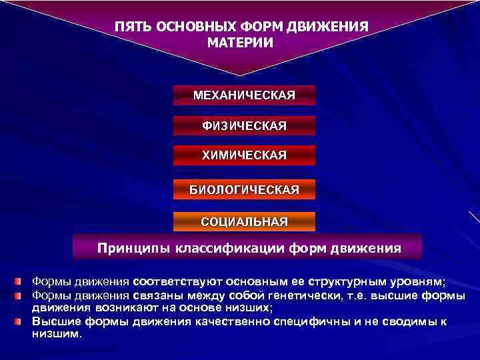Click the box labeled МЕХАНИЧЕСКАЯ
coord(244,95)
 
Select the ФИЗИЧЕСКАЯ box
coord(244,125)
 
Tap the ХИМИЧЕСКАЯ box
coord(244,155)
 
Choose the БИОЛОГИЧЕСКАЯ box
coord(244,190)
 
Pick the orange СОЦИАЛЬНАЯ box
coord(244,221)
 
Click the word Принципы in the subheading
coord(133,249)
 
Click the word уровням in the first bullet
coord(417,281)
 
